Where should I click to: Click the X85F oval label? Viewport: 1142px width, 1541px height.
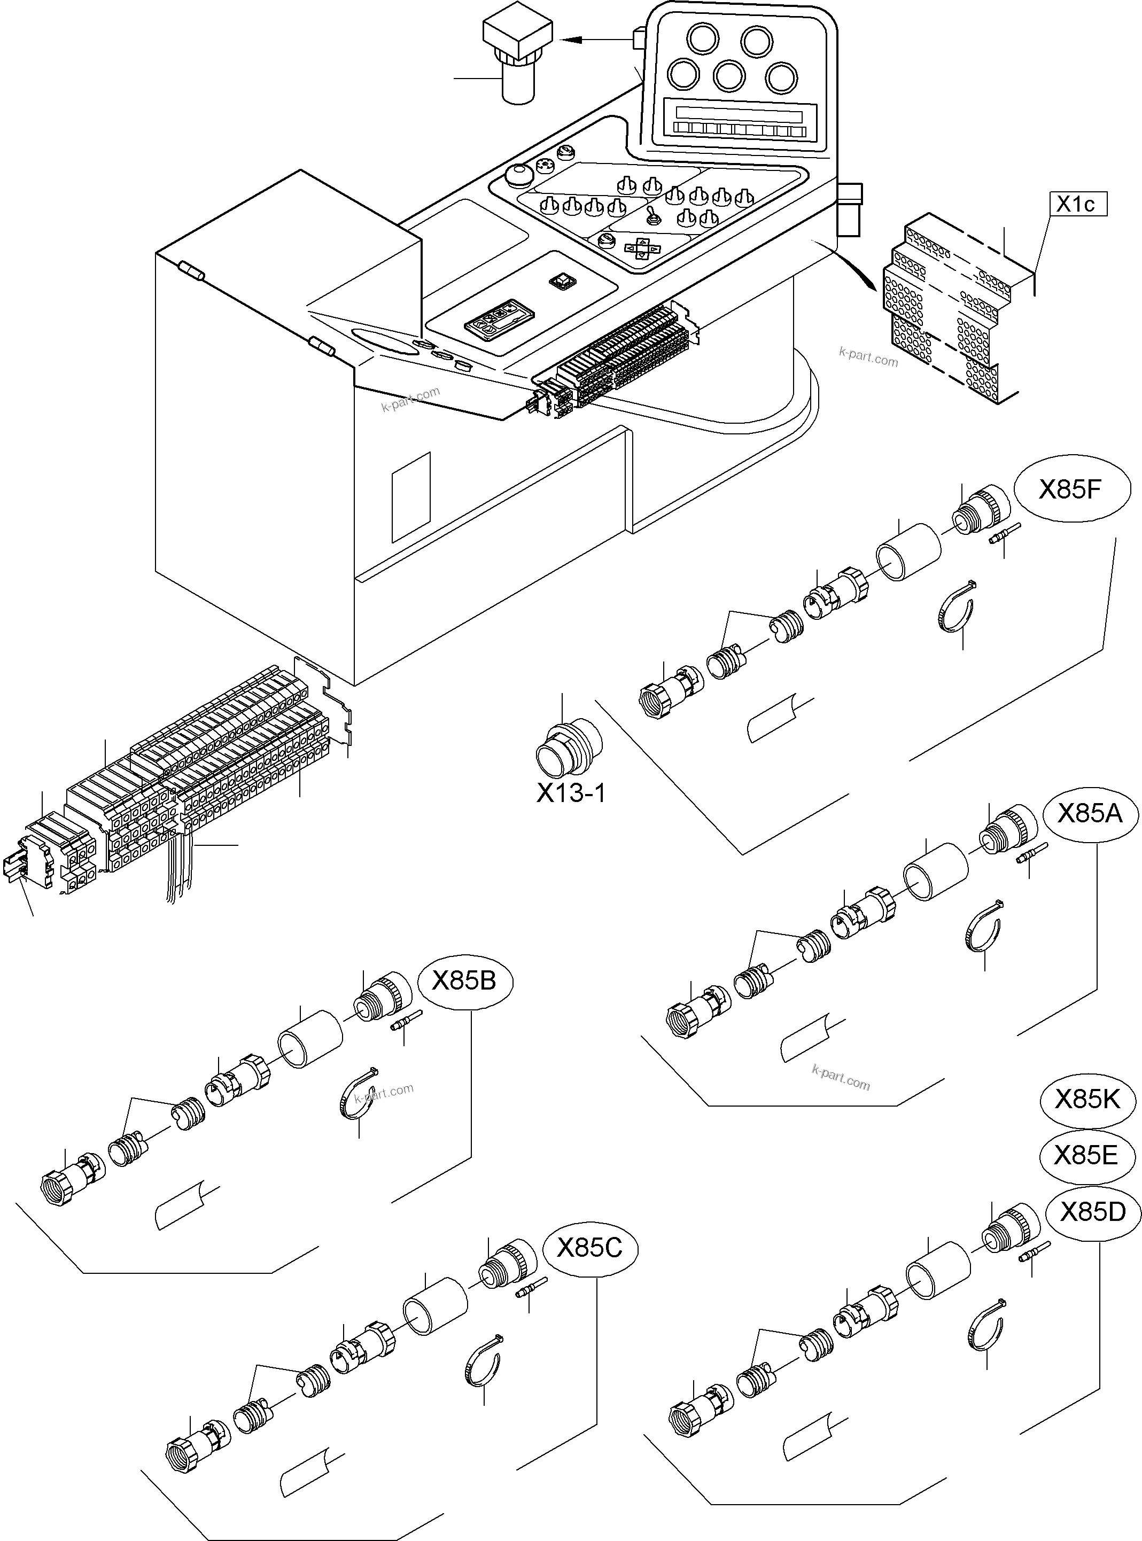(x=1071, y=490)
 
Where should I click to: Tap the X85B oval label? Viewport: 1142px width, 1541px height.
(x=464, y=981)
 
